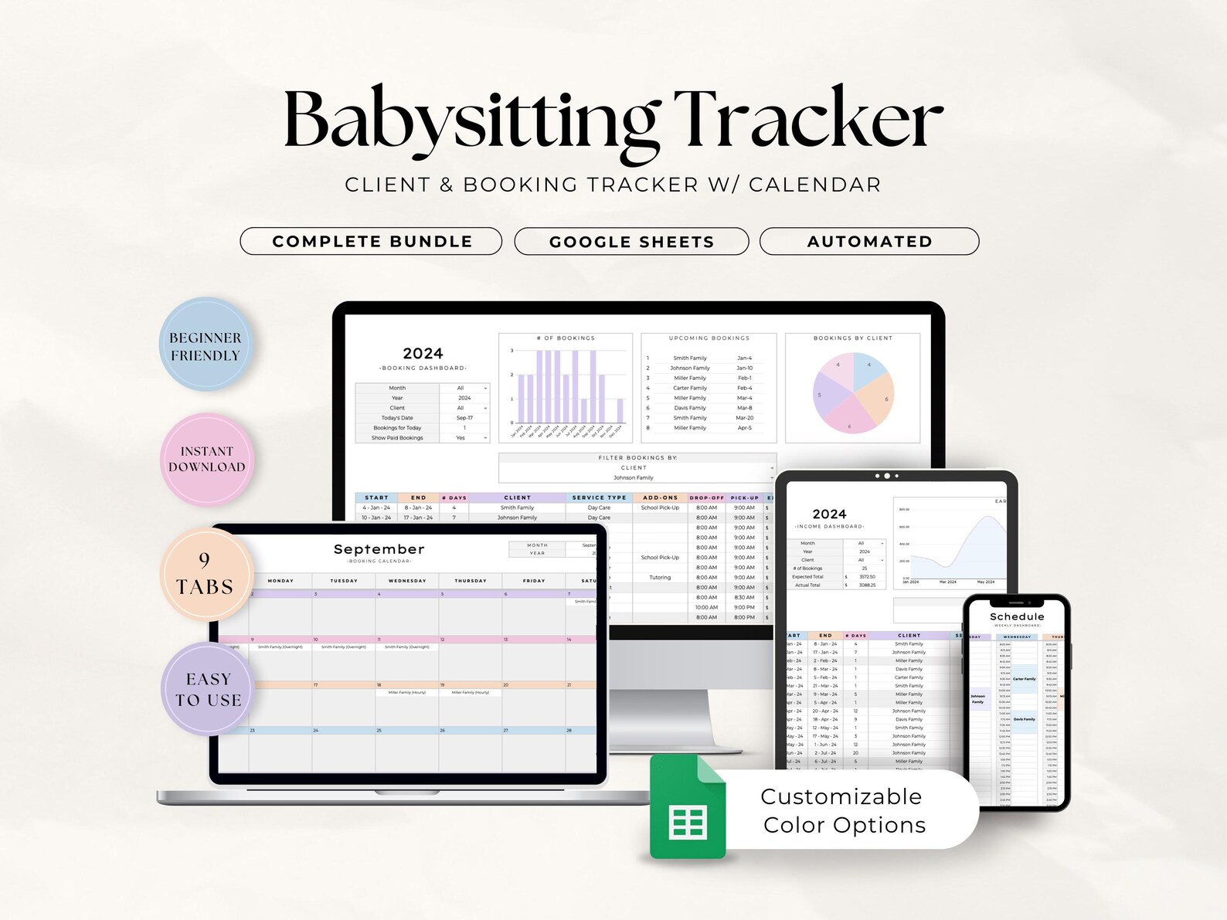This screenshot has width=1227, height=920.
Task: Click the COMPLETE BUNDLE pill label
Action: coord(372,241)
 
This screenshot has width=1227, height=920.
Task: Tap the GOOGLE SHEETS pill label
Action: coord(631,242)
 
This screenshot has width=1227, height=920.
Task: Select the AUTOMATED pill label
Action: coord(869,241)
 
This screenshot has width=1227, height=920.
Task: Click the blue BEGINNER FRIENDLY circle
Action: coord(206,345)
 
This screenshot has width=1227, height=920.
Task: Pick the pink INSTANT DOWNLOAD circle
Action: coord(207,460)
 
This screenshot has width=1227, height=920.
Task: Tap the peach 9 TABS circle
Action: coord(206,575)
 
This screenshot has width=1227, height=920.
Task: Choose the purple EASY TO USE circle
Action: coord(208,689)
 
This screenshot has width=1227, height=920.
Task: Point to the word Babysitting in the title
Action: coord(471,121)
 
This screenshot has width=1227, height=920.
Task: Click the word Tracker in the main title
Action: coord(809,119)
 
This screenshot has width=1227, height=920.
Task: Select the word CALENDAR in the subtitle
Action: coord(814,185)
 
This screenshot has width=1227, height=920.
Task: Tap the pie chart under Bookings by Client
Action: coord(853,392)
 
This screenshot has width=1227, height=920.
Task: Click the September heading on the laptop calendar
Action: coord(379,549)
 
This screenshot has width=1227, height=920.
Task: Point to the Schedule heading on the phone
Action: coord(1017,616)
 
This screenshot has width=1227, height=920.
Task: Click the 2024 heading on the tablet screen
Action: coord(829,514)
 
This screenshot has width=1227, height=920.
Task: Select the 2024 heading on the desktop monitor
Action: coord(423,354)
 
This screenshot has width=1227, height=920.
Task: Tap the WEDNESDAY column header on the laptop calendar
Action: coord(406,581)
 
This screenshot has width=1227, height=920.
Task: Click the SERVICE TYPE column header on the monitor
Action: coord(599,497)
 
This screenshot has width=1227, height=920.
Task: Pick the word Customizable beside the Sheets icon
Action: coord(841,796)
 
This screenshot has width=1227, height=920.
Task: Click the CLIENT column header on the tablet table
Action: coord(909,636)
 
